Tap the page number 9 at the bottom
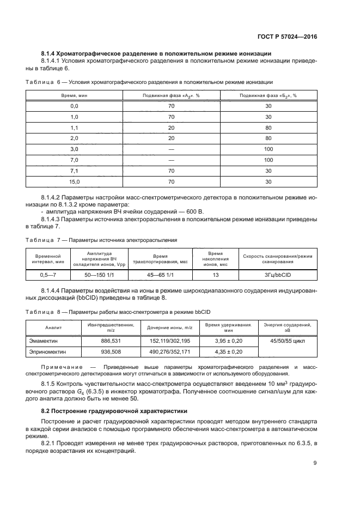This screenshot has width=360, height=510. click(x=315, y=463)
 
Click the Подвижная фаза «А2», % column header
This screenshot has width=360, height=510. click(x=171, y=95)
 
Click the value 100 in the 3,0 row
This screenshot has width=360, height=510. click(x=268, y=149)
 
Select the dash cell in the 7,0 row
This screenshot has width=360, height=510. click(x=171, y=160)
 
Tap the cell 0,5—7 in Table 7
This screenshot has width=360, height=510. click(x=50, y=276)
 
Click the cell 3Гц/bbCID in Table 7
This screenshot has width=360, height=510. click(x=278, y=276)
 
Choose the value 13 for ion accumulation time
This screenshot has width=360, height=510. click(x=216, y=276)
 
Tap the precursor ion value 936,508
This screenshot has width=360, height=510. click(x=111, y=352)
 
